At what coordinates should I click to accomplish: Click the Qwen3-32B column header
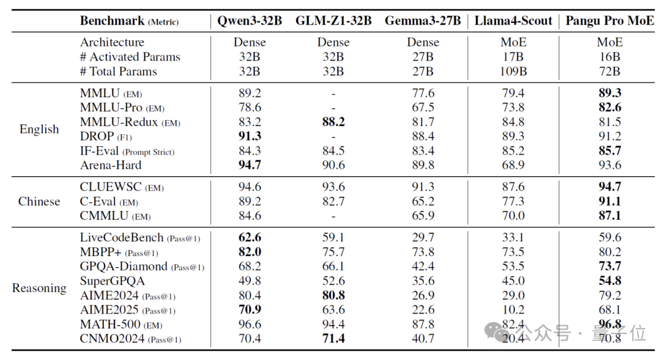(x=250, y=21)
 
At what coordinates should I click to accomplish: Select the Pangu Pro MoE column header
(x=610, y=21)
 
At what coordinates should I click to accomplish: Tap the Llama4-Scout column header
(x=513, y=21)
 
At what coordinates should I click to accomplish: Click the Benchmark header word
(x=112, y=21)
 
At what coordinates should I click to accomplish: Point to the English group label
(x=39, y=129)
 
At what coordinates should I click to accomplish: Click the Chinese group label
(x=39, y=201)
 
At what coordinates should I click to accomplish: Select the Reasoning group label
(x=39, y=288)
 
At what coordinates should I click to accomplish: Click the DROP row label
(x=97, y=136)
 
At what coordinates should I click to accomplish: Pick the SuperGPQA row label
(x=113, y=281)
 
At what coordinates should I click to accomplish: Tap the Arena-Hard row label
(x=111, y=165)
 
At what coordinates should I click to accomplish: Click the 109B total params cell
(x=513, y=71)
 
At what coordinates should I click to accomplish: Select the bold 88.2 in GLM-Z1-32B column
(x=333, y=122)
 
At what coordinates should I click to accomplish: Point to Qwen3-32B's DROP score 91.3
(x=250, y=136)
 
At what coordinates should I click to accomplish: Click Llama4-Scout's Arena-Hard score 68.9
(x=513, y=165)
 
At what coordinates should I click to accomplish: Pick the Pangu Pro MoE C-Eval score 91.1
(x=610, y=201)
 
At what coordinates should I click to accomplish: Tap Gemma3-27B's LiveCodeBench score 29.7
(x=423, y=238)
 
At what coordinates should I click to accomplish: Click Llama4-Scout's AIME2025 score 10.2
(x=513, y=310)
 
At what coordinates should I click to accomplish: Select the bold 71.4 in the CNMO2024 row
(x=333, y=339)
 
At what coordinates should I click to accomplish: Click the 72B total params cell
(x=610, y=71)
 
